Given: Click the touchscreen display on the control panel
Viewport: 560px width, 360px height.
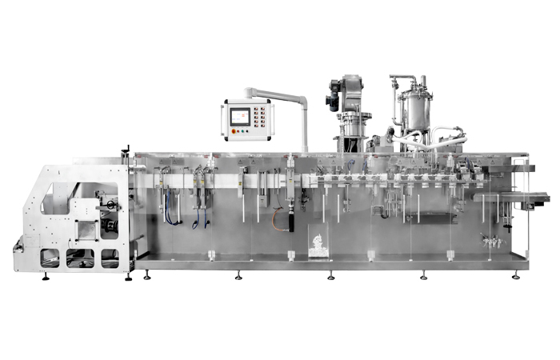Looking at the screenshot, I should (x=239, y=117).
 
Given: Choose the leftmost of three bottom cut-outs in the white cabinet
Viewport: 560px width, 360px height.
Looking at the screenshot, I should (x=50, y=258).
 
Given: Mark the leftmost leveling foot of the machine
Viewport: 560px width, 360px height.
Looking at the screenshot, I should (x=45, y=278).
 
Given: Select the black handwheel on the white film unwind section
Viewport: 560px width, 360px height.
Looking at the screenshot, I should (x=110, y=226).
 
